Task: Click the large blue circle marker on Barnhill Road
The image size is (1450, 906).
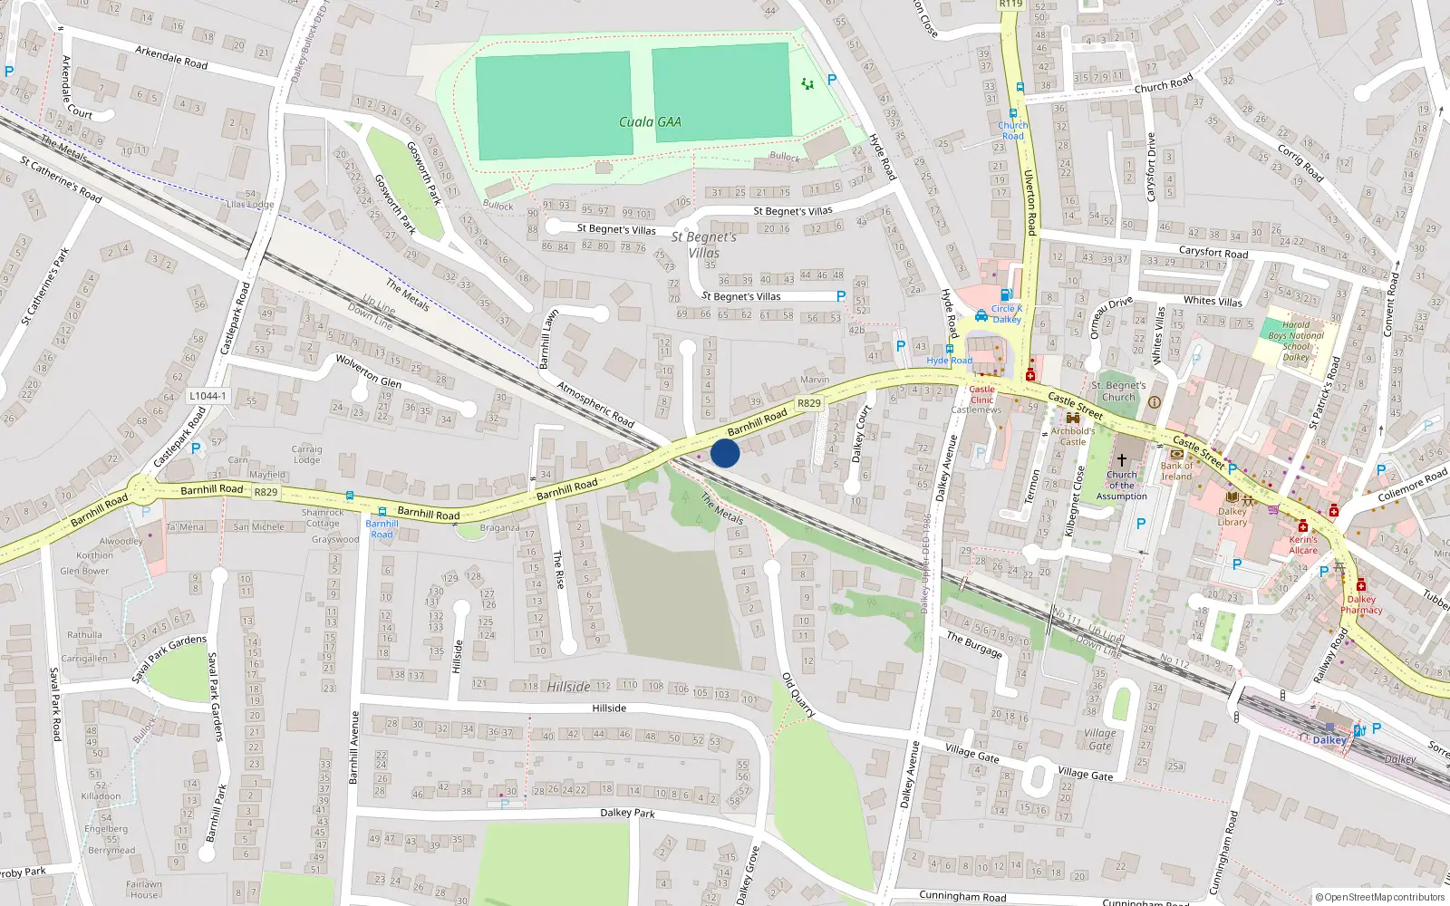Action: [725, 453]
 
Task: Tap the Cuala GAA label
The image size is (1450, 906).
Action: [650, 122]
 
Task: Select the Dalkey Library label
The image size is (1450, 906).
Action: [1232, 516]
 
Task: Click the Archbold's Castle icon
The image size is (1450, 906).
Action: [1073, 419]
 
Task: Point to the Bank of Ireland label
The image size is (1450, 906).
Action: [1176, 471]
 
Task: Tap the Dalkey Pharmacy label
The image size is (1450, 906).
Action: [1361, 604]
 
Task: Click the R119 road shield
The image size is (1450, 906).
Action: [1010, 5]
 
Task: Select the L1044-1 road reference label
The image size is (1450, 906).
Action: [208, 396]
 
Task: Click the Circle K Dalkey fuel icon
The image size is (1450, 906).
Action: [1005, 295]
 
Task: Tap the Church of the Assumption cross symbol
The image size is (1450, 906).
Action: [1122, 459]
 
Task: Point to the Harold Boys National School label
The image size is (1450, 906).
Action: [1296, 341]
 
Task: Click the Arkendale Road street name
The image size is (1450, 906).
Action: [171, 58]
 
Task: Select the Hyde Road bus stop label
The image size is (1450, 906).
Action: [949, 361]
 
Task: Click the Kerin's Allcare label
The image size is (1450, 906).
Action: [1303, 545]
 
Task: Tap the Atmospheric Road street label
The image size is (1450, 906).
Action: [595, 405]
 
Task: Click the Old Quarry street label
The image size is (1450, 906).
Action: [798, 695]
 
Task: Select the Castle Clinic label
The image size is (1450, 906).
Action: [981, 394]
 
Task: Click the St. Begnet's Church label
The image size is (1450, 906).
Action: [1118, 391]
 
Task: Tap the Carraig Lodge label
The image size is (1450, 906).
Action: [306, 454]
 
